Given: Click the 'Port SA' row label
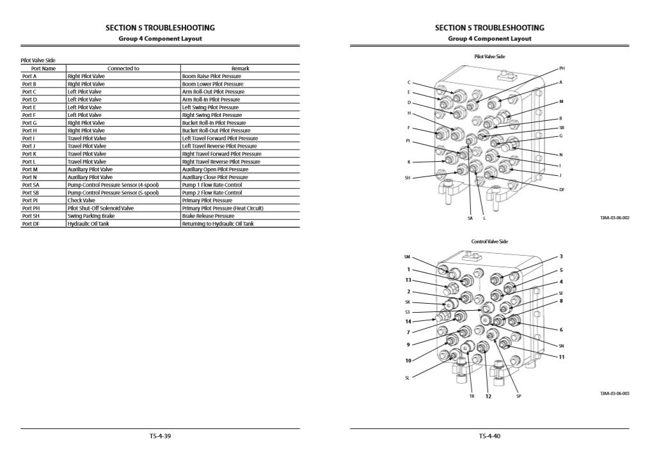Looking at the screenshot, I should click(x=29, y=185).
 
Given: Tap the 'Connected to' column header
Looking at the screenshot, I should click(x=123, y=68).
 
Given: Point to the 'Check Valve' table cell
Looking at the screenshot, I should click(x=81, y=200).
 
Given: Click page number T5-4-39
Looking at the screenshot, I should click(x=159, y=436).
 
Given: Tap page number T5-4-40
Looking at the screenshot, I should click(x=489, y=436).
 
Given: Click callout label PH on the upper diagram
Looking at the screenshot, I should click(x=562, y=68).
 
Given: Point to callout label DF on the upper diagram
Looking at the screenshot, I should click(x=562, y=189).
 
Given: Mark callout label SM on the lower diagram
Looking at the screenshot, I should click(x=407, y=256).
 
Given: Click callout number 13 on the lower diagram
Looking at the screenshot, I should click(x=408, y=279).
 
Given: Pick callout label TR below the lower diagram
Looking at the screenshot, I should click(x=472, y=396).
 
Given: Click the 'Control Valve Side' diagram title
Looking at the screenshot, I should click(x=489, y=242).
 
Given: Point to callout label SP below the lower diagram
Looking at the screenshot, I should click(x=519, y=396).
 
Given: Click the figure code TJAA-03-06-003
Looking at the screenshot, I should click(x=614, y=393).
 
